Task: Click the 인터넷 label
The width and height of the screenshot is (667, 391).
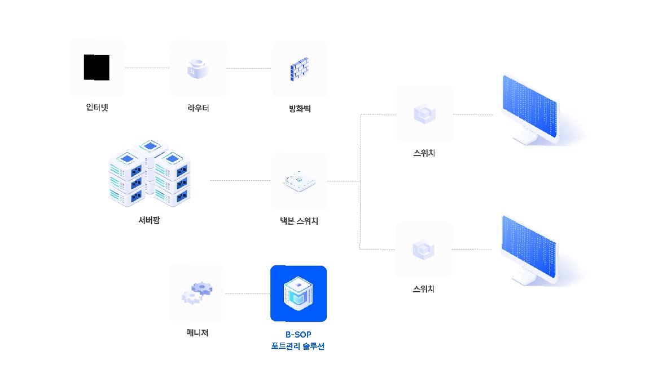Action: coord(97,108)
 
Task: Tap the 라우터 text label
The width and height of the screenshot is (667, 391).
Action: coord(198,108)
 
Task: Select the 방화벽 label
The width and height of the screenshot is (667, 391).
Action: coord(300,109)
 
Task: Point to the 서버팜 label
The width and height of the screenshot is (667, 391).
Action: coord(148,220)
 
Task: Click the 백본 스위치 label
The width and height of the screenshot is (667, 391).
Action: coord(299,221)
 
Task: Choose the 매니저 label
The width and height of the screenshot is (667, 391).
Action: coord(198,332)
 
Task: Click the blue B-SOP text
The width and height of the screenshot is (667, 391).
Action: coord(298,334)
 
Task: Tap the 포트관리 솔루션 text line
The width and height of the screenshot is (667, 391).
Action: coord(298,346)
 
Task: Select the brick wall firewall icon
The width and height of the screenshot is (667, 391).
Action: coord(300,68)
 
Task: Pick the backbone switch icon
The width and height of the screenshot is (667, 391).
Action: coord(299,181)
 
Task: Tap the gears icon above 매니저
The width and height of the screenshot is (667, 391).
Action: coord(198,293)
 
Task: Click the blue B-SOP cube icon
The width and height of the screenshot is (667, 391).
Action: coord(299,294)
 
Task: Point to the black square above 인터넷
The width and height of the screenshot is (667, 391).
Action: coord(96,68)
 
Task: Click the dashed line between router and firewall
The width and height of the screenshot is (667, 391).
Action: coord(249,68)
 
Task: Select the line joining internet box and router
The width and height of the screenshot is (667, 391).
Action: coord(147,68)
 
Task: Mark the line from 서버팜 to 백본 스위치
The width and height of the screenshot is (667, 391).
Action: coord(240,181)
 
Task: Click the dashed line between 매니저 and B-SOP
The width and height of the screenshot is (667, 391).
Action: coord(247,294)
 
